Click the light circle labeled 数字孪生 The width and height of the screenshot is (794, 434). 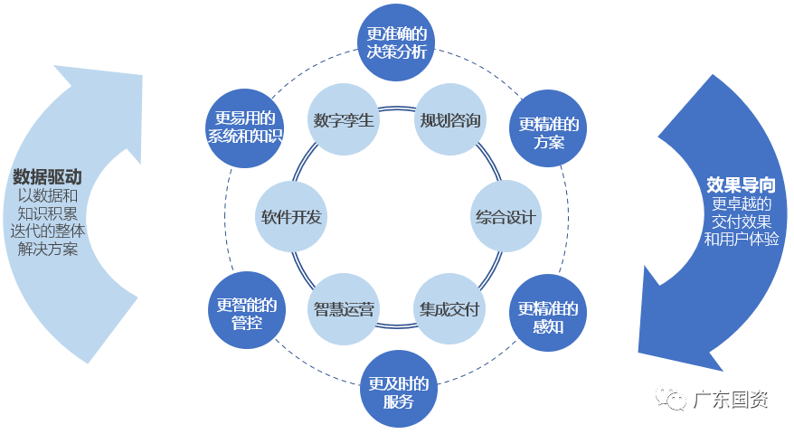click(x=344, y=119)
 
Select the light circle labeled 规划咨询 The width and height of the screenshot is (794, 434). click(x=450, y=119)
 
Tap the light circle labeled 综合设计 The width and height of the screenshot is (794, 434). click(x=506, y=217)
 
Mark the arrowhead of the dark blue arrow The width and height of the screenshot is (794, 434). click(x=678, y=335)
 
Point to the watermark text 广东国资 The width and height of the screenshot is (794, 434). click(x=731, y=400)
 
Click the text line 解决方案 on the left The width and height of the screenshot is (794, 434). click(x=48, y=250)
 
